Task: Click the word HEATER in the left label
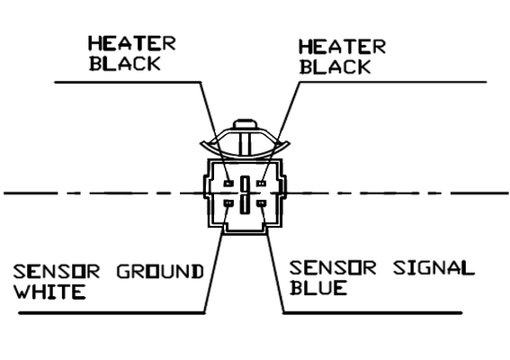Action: pos(132,43)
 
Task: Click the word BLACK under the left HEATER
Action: pos(125,64)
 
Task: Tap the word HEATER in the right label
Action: pos(342,47)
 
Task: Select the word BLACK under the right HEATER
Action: pos(336,67)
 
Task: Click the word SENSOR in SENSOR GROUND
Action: pos(57,272)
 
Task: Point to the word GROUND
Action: pos(160,272)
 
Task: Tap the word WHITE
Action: pos(49,292)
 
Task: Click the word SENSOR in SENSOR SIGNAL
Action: pos(333,268)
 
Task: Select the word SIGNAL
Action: pos(434,268)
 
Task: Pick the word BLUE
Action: pos(318,288)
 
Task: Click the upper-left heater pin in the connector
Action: pos(228,184)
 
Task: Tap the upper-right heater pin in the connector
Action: pos(261,184)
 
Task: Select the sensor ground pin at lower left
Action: pos(228,203)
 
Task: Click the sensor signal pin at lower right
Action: pos(261,203)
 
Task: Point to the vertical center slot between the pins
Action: pos(245,195)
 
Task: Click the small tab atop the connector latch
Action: pos(246,124)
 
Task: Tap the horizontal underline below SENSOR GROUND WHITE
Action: pos(112,313)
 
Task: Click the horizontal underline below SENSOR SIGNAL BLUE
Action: pos(372,313)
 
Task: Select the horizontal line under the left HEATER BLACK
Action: pos(128,83)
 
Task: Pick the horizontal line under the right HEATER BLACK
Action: pos(392,82)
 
